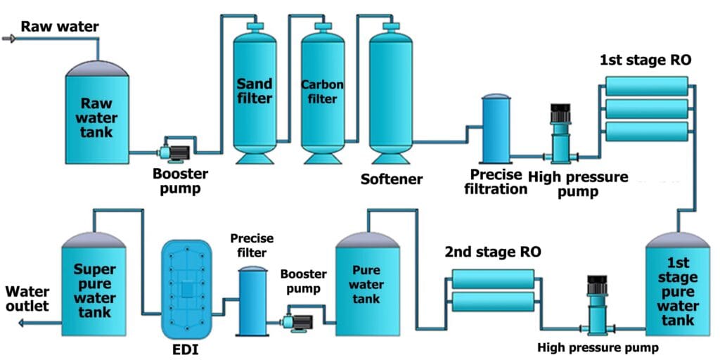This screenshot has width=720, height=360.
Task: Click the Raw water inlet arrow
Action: click(8, 38)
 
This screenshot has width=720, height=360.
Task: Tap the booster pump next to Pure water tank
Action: click(298, 321)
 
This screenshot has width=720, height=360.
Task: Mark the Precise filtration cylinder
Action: click(497, 129)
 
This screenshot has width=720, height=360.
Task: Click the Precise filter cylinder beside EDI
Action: click(252, 302)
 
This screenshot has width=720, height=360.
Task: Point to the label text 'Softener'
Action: click(392, 179)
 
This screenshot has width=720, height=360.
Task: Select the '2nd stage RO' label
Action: click(492, 252)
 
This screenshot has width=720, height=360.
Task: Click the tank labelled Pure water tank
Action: click(366, 285)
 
